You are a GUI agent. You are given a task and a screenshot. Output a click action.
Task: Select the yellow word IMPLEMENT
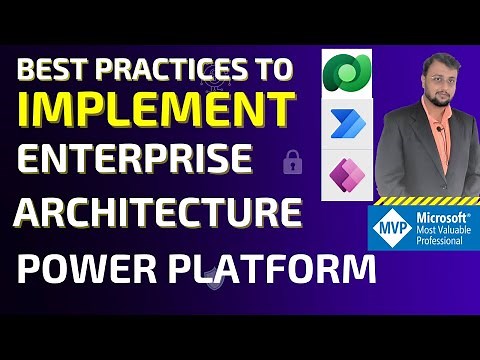click(x=157, y=109)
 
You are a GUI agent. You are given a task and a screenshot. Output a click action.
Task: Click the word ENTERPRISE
click(x=136, y=159)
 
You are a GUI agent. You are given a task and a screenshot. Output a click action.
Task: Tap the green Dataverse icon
click(x=347, y=74)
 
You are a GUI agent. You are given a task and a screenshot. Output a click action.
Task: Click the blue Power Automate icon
click(x=347, y=123)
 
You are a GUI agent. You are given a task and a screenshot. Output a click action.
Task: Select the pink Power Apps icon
click(x=347, y=172)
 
